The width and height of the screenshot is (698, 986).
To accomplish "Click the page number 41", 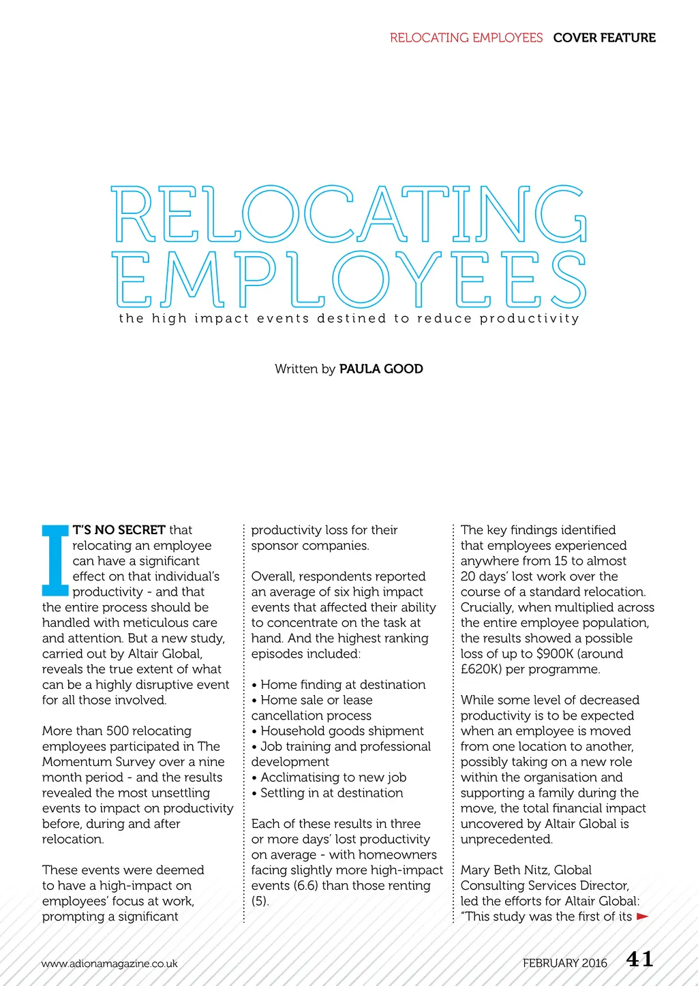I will tap(639, 959).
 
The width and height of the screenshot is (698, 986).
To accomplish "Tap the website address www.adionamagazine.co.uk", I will tap(109, 964).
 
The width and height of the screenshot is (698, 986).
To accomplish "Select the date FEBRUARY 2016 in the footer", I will tap(564, 963).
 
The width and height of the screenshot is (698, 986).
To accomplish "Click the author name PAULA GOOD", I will tap(381, 369).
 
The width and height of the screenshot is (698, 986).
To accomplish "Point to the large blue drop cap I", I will tap(55, 560).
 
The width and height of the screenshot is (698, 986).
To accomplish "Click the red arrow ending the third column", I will tap(642, 916).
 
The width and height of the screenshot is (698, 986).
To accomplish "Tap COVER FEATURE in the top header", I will tap(604, 37).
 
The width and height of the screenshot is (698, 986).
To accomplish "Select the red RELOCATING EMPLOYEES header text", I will tap(466, 37).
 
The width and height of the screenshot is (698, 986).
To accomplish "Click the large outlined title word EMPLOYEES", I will tap(348, 279).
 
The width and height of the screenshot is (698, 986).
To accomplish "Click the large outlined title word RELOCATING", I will tap(348, 214).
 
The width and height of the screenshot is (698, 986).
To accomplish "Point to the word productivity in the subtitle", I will tap(529, 318).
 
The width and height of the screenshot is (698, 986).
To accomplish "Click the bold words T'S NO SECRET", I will tap(119, 529).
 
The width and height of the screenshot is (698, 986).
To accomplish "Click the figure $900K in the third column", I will tap(555, 653).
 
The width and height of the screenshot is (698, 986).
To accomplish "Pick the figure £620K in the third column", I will tap(481, 669).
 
